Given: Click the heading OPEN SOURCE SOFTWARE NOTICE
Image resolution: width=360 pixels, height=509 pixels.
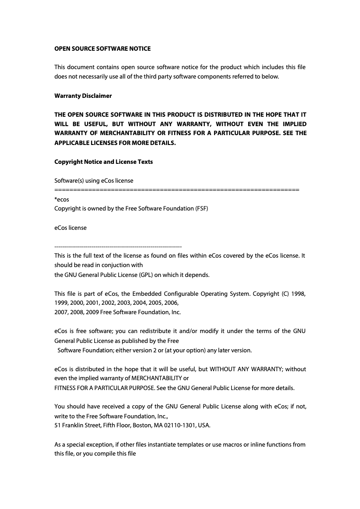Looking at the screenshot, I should (x=102, y=48).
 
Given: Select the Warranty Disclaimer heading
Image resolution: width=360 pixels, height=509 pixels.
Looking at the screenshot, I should (x=83, y=96).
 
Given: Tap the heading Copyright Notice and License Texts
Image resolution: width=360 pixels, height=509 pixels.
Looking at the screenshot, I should (x=103, y=162).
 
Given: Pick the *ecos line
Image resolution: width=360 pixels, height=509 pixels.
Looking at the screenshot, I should (x=61, y=199).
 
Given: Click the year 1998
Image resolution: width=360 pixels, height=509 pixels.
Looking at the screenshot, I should (x=299, y=294).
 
